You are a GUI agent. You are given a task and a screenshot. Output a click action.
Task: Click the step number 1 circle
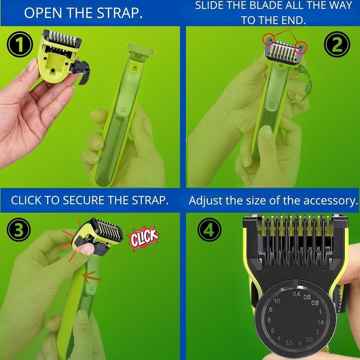20,44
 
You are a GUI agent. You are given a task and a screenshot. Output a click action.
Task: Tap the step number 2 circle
337,44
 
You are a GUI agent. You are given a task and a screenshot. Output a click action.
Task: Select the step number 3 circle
18,230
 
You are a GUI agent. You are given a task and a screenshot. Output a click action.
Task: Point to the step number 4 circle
209,230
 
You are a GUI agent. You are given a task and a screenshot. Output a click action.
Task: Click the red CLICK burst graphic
144,238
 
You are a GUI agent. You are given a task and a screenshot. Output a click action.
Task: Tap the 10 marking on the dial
277,301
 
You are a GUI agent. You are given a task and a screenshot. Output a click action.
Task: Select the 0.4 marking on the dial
296,294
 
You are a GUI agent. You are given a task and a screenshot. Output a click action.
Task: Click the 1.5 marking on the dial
320,322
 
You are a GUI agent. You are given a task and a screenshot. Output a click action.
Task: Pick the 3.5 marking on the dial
289,343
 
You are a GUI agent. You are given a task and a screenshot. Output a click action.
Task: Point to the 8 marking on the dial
271,310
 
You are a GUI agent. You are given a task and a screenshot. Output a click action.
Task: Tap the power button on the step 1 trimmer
123,109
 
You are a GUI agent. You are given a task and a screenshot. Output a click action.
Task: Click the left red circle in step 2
269,38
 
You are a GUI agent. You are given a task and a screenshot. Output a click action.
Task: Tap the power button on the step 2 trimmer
272,105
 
